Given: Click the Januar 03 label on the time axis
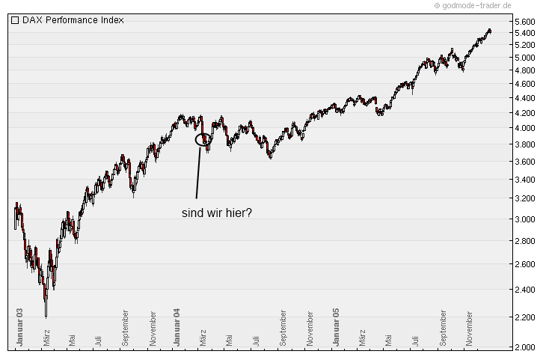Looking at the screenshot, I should (x=20, y=326).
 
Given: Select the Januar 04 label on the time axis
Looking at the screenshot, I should (x=177, y=326).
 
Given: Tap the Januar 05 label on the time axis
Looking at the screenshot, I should (x=337, y=326).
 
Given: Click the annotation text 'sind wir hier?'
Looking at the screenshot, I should (x=217, y=213).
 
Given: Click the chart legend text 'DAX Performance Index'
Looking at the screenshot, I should (x=73, y=20).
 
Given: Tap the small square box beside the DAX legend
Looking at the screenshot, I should (x=15, y=20).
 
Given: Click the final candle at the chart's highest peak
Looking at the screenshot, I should (x=489, y=31).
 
